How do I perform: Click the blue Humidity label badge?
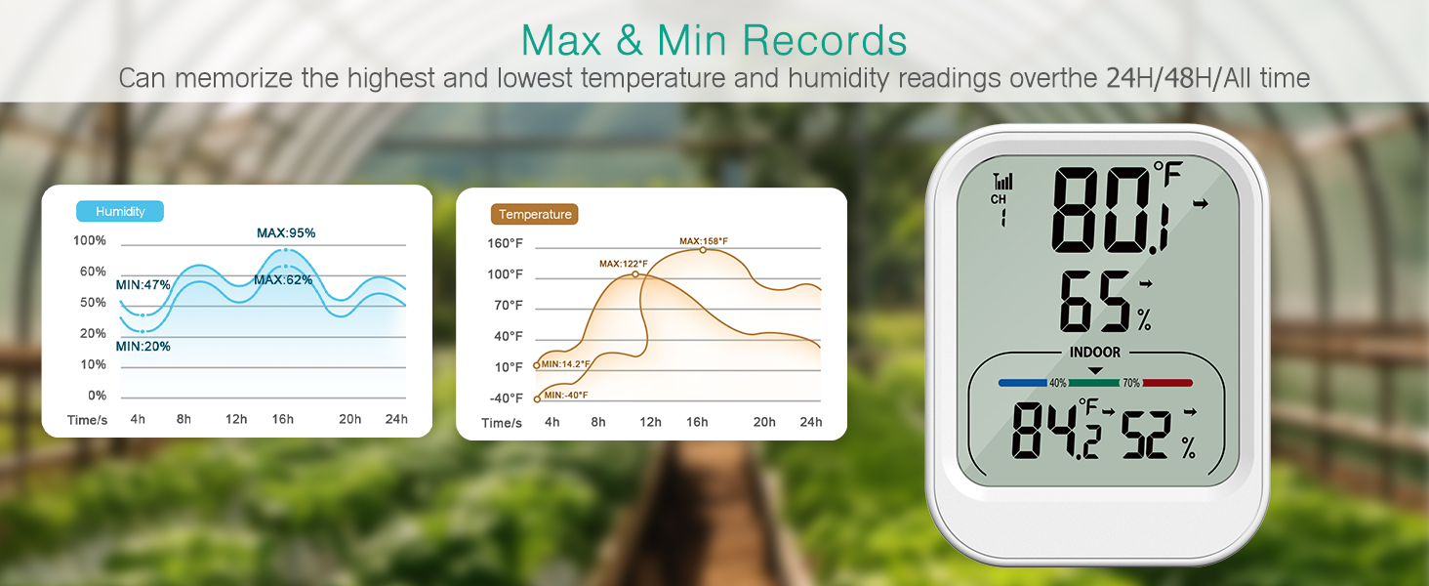(x=120, y=211)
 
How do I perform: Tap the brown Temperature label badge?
(x=534, y=214)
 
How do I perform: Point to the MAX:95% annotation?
(x=286, y=232)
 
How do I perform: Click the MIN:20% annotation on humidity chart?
(x=143, y=346)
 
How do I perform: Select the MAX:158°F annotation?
(x=704, y=241)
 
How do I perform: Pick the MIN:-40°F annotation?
(x=566, y=395)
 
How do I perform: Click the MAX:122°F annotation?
(x=624, y=264)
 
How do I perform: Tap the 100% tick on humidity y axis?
(x=90, y=240)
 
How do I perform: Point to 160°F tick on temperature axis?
(x=506, y=243)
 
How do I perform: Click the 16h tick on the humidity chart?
(x=283, y=419)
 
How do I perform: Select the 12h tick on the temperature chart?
(x=650, y=422)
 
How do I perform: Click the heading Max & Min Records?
(x=714, y=40)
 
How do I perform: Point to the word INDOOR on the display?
(x=1094, y=353)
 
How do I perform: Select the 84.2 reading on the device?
(x=1058, y=431)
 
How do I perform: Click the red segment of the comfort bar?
(x=1166, y=383)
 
